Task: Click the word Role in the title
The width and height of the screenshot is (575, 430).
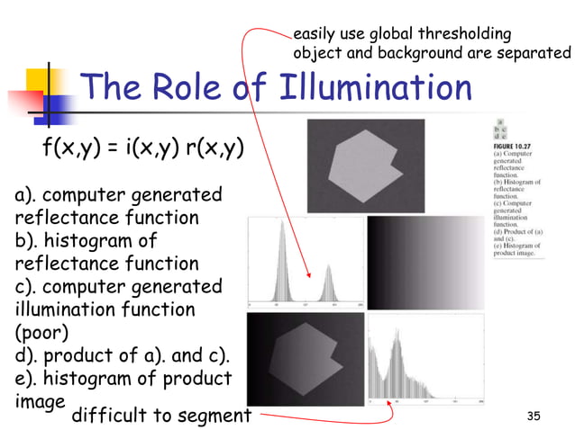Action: [190, 87]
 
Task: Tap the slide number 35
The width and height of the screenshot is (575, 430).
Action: [534, 415]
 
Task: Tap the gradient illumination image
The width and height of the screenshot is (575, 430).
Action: [427, 260]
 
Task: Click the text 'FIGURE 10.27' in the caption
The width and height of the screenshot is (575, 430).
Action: [516, 143]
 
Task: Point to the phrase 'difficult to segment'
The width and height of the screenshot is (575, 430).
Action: [160, 415]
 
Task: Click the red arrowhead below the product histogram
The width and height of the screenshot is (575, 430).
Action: [389, 404]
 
